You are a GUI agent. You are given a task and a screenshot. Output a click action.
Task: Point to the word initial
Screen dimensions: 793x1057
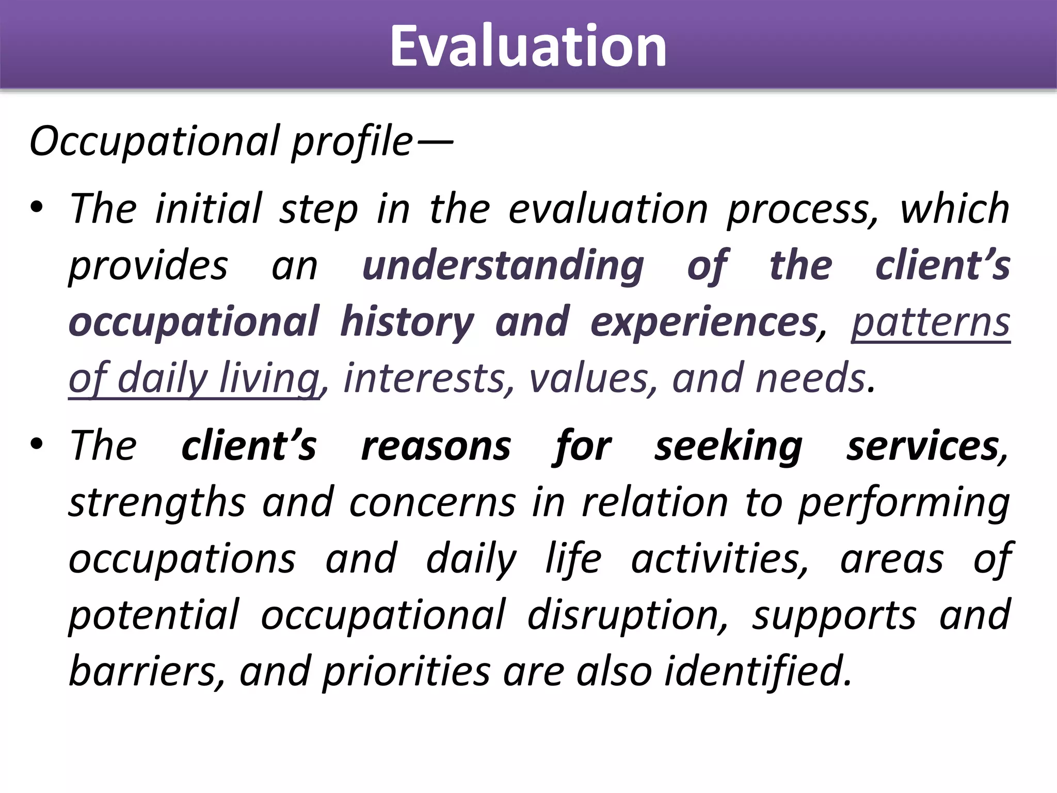tap(209, 209)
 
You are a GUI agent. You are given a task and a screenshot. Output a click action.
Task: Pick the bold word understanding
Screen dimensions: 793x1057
tap(503, 266)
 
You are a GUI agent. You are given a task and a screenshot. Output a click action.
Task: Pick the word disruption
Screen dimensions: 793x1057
tap(628, 615)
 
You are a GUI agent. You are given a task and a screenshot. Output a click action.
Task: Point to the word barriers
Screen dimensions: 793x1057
tap(147, 671)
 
